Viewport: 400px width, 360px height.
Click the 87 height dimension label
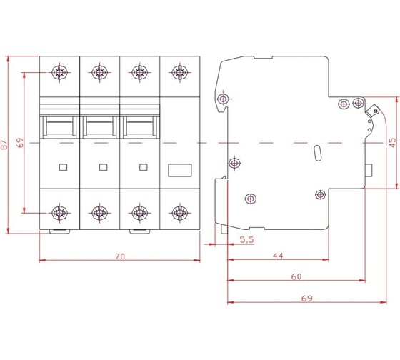pyautogui.click(x=4, y=145)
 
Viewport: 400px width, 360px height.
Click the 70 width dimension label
pyautogui.click(x=120, y=256)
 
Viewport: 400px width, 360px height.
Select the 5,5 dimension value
pyautogui.click(x=246, y=239)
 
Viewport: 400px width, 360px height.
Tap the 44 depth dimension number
pyautogui.click(x=278, y=256)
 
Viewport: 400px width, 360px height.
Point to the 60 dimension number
pyautogui.click(x=296, y=276)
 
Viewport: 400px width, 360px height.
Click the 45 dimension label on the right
pyautogui.click(x=393, y=142)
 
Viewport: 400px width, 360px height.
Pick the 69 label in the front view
pyautogui.click(x=20, y=143)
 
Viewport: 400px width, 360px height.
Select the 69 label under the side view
pyautogui.click(x=306, y=299)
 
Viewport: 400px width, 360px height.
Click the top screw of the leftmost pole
pyautogui.click(x=59, y=72)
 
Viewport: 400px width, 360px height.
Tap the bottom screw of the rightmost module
pyautogui.click(x=180, y=213)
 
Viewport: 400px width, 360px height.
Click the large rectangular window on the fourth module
pyautogui.click(x=180, y=170)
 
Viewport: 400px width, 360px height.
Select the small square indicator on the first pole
pyautogui.click(x=64, y=167)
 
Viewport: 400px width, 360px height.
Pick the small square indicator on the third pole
pyautogui.click(x=144, y=167)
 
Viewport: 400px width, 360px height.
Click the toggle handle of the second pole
pyautogui.click(x=100, y=127)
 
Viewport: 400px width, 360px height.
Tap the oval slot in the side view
pyautogui.click(x=318, y=153)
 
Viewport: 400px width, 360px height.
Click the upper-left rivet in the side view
pyautogui.click(x=223, y=99)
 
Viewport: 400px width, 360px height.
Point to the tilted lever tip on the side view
pyautogui.click(x=373, y=111)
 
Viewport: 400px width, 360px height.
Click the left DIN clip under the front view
pyautogui.click(x=59, y=231)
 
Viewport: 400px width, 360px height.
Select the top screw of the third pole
pyautogui.click(x=139, y=72)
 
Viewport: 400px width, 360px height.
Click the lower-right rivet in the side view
pyautogui.click(x=321, y=195)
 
